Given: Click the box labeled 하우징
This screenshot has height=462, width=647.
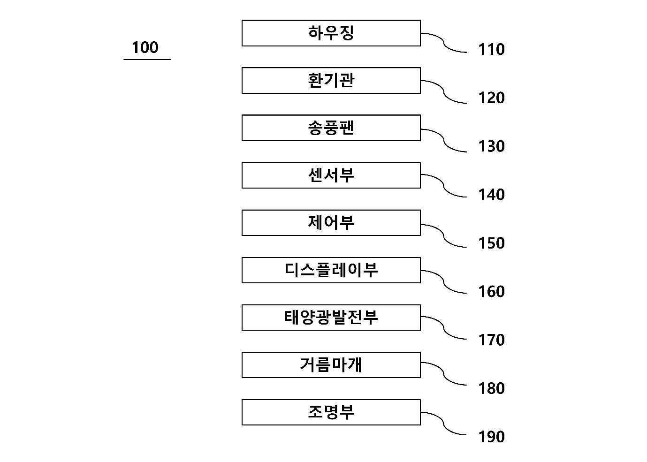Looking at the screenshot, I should click(x=331, y=33).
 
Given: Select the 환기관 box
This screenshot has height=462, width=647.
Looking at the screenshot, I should click(x=331, y=81).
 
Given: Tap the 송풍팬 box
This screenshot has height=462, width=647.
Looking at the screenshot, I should click(x=331, y=128).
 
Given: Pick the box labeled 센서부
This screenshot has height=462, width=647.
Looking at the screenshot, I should click(x=331, y=175).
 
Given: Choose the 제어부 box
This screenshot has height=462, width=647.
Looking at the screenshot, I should click(x=331, y=223).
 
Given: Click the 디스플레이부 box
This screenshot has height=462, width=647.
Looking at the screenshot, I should click(x=331, y=270).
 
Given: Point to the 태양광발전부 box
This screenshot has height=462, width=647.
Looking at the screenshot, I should click(x=331, y=318).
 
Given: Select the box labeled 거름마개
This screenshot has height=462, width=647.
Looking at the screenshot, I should click(x=331, y=365).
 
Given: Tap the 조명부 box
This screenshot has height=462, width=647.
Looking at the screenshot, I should click(x=331, y=412).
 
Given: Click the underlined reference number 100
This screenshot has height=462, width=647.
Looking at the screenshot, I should click(x=145, y=47).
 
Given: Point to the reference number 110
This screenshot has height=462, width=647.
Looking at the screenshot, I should click(x=491, y=50).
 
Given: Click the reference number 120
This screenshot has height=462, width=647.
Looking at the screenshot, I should click(x=491, y=98).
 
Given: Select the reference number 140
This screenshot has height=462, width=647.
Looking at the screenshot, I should click(x=491, y=195).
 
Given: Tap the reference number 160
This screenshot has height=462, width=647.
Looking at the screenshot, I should click(x=491, y=292).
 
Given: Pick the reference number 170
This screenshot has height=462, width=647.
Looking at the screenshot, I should click(x=491, y=340).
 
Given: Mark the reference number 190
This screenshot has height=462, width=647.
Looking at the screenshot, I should click(x=491, y=437).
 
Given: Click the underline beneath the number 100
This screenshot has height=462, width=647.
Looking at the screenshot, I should click(x=147, y=60).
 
